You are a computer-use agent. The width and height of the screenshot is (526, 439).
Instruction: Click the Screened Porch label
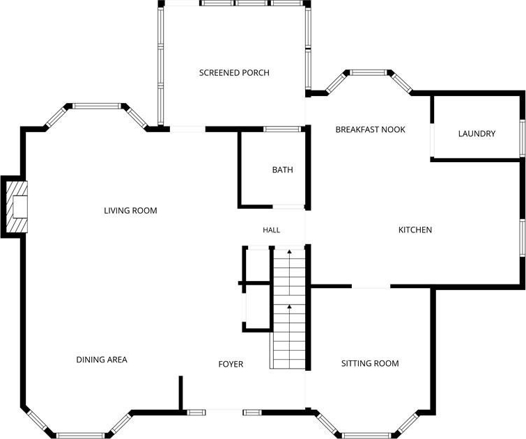click(x=234, y=73)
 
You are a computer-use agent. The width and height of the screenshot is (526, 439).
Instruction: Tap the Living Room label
click(x=130, y=210)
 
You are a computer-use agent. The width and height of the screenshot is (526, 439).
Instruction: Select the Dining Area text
click(x=102, y=360)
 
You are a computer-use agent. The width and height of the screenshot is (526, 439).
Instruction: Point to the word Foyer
click(x=231, y=364)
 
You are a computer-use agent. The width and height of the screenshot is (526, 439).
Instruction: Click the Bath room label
click(x=282, y=170)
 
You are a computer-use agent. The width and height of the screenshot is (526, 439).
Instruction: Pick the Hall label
click(x=272, y=230)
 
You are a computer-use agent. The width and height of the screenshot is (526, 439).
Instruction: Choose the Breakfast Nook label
click(x=371, y=129)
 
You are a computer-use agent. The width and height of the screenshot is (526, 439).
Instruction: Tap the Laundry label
click(x=477, y=134)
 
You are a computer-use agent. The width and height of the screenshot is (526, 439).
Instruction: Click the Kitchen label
click(x=415, y=230)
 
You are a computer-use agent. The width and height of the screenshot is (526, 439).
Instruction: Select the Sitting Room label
click(x=370, y=363)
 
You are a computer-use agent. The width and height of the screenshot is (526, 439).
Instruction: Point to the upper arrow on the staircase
click(x=289, y=272)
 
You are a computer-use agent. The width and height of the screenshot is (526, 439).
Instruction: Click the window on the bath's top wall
click(x=282, y=129)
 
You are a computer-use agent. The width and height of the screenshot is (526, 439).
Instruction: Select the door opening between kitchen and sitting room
click(x=371, y=286)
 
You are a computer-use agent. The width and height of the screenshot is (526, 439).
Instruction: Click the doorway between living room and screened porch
click(x=187, y=129)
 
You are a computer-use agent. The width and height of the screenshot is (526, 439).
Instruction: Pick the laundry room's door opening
click(x=433, y=140)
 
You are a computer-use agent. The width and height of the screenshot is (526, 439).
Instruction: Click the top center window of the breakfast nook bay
click(x=369, y=72)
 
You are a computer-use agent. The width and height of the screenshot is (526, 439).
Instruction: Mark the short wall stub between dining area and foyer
click(x=180, y=393)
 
